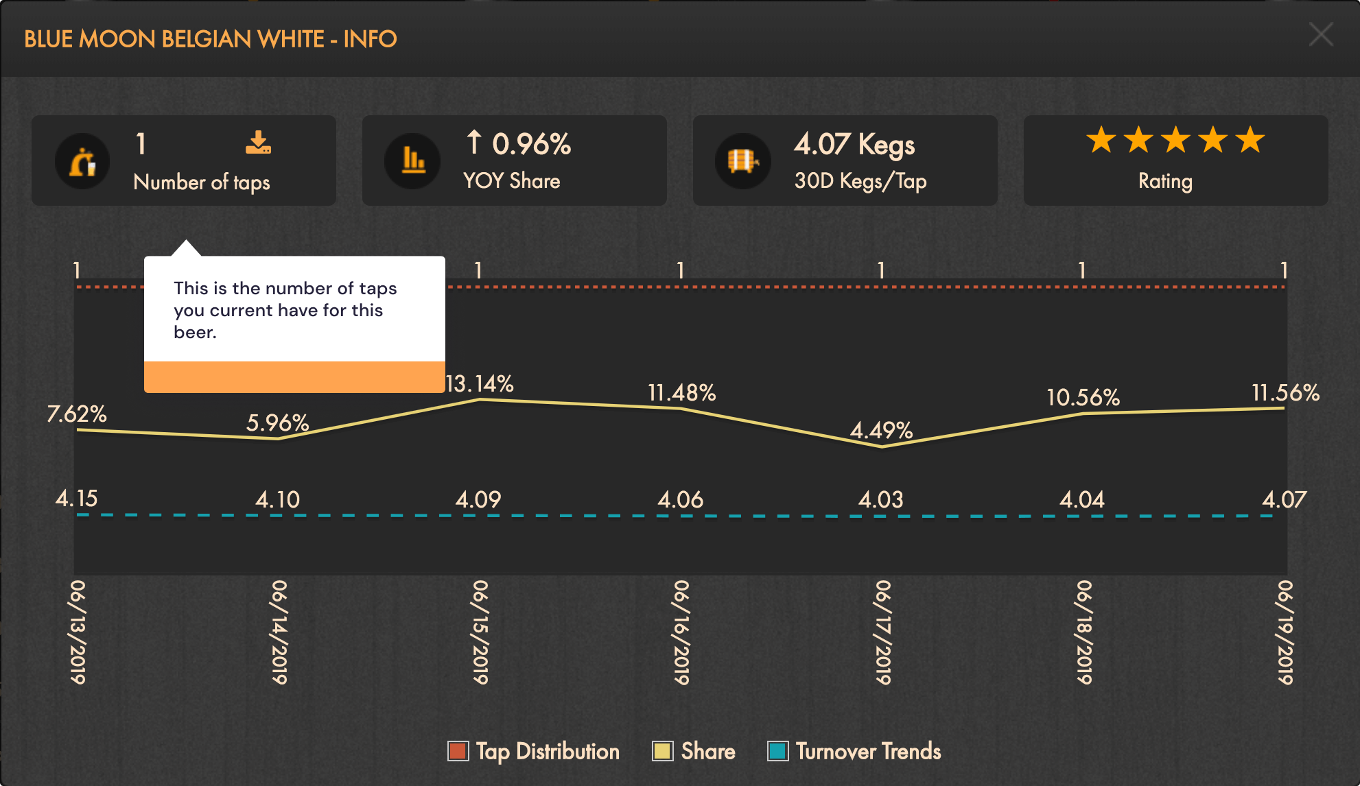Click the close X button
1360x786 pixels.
pos(1320,34)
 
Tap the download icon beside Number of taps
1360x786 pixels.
pos(258,142)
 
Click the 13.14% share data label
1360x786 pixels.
pos(480,383)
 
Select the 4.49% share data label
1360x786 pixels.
pos(881,430)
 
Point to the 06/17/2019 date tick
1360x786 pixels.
pos(882,632)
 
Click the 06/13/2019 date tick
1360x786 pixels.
pos(78,632)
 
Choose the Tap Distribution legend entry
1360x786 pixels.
pos(534,751)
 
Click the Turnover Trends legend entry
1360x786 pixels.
pos(854,751)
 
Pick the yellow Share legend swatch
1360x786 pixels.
pos(662,751)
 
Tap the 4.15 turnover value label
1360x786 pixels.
pos(76,498)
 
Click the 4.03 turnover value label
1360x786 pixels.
pos(880,499)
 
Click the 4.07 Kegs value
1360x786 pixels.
pos(854,145)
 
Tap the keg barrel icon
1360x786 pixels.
pos(742,161)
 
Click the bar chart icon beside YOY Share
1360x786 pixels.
pos(412,161)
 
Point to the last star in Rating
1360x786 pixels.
pos(1250,140)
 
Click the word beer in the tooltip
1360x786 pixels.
pos(194,333)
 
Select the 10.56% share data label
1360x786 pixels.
pos(1083,397)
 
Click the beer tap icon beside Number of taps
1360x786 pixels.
pos(82,161)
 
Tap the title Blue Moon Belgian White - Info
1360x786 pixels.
pos(210,39)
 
